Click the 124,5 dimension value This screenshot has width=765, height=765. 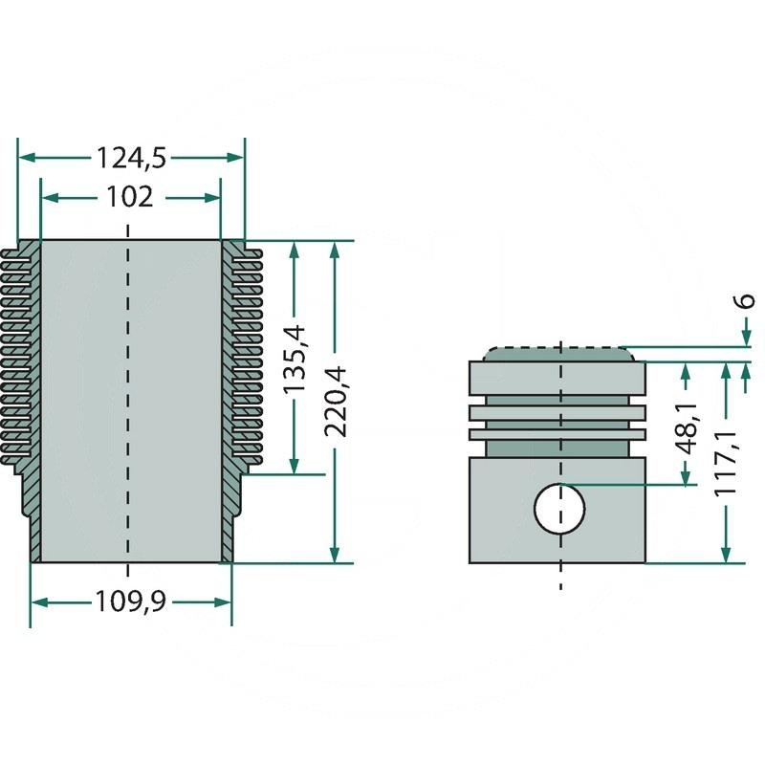point(131,158)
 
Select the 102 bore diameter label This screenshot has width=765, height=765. point(129,197)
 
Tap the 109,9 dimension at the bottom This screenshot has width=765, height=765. point(130,601)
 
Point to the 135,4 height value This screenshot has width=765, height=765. point(295,360)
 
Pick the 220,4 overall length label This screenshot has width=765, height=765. point(335,401)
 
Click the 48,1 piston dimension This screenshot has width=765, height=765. point(687,428)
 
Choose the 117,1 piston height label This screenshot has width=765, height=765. point(726,463)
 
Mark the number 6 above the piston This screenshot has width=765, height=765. point(746,300)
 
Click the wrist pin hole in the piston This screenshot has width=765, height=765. point(559,509)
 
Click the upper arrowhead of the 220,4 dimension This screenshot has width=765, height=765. point(334,250)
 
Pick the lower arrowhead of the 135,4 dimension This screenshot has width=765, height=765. point(294,466)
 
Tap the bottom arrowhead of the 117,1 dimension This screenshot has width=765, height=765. point(726,555)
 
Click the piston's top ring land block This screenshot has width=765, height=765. point(557,378)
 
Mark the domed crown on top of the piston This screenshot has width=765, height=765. point(559,354)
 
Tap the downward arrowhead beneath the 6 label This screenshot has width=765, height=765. point(746,338)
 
